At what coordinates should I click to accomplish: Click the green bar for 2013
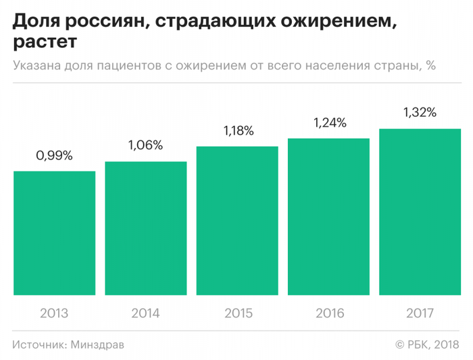click(x=54, y=233)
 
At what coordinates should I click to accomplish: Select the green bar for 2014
click(x=146, y=228)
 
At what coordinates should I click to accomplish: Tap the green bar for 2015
click(x=237, y=221)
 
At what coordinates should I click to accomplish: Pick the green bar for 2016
click(x=328, y=217)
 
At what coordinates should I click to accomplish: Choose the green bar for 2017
click(x=420, y=211)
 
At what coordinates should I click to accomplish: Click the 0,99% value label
click(x=54, y=156)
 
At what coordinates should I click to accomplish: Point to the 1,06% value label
click(x=146, y=146)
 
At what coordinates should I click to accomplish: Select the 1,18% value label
click(x=237, y=131)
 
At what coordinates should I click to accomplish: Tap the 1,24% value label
click(x=328, y=123)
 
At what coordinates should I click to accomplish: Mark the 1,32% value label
click(x=420, y=113)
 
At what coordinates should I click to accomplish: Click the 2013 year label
click(x=54, y=313)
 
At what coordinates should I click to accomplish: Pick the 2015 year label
click(x=237, y=313)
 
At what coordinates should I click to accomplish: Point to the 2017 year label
click(x=420, y=313)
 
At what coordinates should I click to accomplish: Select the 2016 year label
click(x=328, y=313)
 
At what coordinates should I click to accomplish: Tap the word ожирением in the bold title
click(x=331, y=22)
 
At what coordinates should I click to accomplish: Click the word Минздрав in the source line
click(x=97, y=344)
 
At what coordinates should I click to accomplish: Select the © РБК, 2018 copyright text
click(x=427, y=344)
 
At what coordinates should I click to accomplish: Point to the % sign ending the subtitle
click(x=430, y=66)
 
